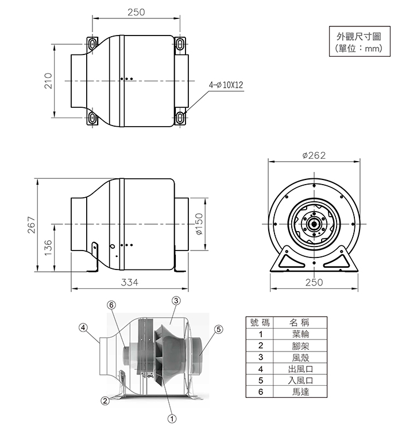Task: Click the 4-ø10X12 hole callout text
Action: [226, 85]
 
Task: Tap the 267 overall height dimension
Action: [32, 225]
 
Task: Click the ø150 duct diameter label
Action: [199, 225]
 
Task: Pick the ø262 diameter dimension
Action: [314, 155]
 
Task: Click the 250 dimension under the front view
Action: [314, 282]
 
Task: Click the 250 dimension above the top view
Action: [136, 12]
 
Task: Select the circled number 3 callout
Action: [176, 301]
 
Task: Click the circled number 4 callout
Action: [83, 327]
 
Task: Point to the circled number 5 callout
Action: [218, 329]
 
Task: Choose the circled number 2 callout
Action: [105, 400]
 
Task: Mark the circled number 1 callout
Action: [171, 418]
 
